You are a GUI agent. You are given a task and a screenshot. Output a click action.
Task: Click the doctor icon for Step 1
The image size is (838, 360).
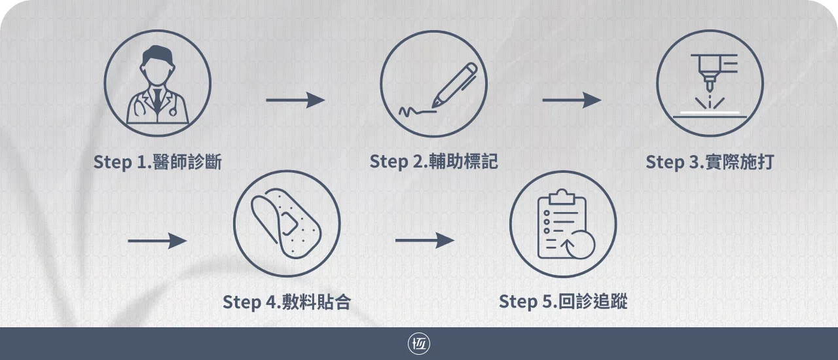click(x=157, y=83)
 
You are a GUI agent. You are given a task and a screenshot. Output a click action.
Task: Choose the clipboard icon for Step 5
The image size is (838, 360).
click(x=563, y=224)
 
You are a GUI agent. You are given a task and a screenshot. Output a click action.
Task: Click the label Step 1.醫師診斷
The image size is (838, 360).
click(x=157, y=162)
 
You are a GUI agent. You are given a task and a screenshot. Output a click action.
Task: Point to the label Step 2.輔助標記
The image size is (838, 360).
click(x=433, y=162)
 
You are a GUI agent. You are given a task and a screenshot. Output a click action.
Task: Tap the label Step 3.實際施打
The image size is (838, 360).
click(x=710, y=162)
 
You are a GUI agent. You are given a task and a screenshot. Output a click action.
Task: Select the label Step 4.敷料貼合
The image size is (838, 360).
click(x=287, y=302)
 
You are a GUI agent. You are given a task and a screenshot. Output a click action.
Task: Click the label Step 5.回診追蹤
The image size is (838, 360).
click(x=563, y=302)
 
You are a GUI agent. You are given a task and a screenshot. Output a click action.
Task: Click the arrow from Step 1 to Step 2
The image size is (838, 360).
click(x=295, y=100)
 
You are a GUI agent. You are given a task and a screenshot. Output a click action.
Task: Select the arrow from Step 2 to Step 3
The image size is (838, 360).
click(x=572, y=100)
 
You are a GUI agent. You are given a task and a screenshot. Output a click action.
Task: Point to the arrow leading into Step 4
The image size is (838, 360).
click(x=157, y=241)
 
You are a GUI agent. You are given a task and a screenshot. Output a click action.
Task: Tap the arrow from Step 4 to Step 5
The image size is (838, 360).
click(x=424, y=241)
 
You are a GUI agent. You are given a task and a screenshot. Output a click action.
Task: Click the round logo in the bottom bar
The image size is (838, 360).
click(x=419, y=344)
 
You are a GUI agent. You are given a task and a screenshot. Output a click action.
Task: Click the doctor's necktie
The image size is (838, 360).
click(x=157, y=98)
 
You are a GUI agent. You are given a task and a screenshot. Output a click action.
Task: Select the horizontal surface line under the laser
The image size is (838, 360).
click(x=710, y=114)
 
